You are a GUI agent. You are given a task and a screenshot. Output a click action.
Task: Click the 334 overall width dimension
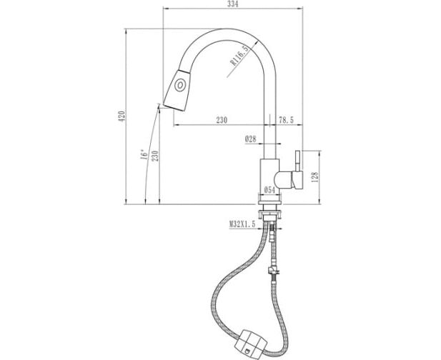click(x=233, y=4)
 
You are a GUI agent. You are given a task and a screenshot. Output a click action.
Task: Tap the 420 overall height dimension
click(x=122, y=116)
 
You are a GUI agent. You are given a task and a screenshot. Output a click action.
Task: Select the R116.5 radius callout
click(x=239, y=56)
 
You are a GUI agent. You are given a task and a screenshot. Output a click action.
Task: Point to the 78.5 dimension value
click(x=287, y=120)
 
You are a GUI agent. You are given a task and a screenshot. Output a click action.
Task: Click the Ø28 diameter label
click(x=251, y=139)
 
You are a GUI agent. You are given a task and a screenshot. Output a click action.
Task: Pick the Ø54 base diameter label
click(x=269, y=190)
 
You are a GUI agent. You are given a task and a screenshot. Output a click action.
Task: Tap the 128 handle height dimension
click(x=315, y=177)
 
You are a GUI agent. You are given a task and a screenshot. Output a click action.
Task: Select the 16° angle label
click(x=144, y=154)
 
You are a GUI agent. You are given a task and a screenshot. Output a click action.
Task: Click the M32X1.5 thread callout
click(x=242, y=224)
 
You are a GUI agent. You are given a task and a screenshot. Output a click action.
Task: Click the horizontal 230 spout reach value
click(x=222, y=120)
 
